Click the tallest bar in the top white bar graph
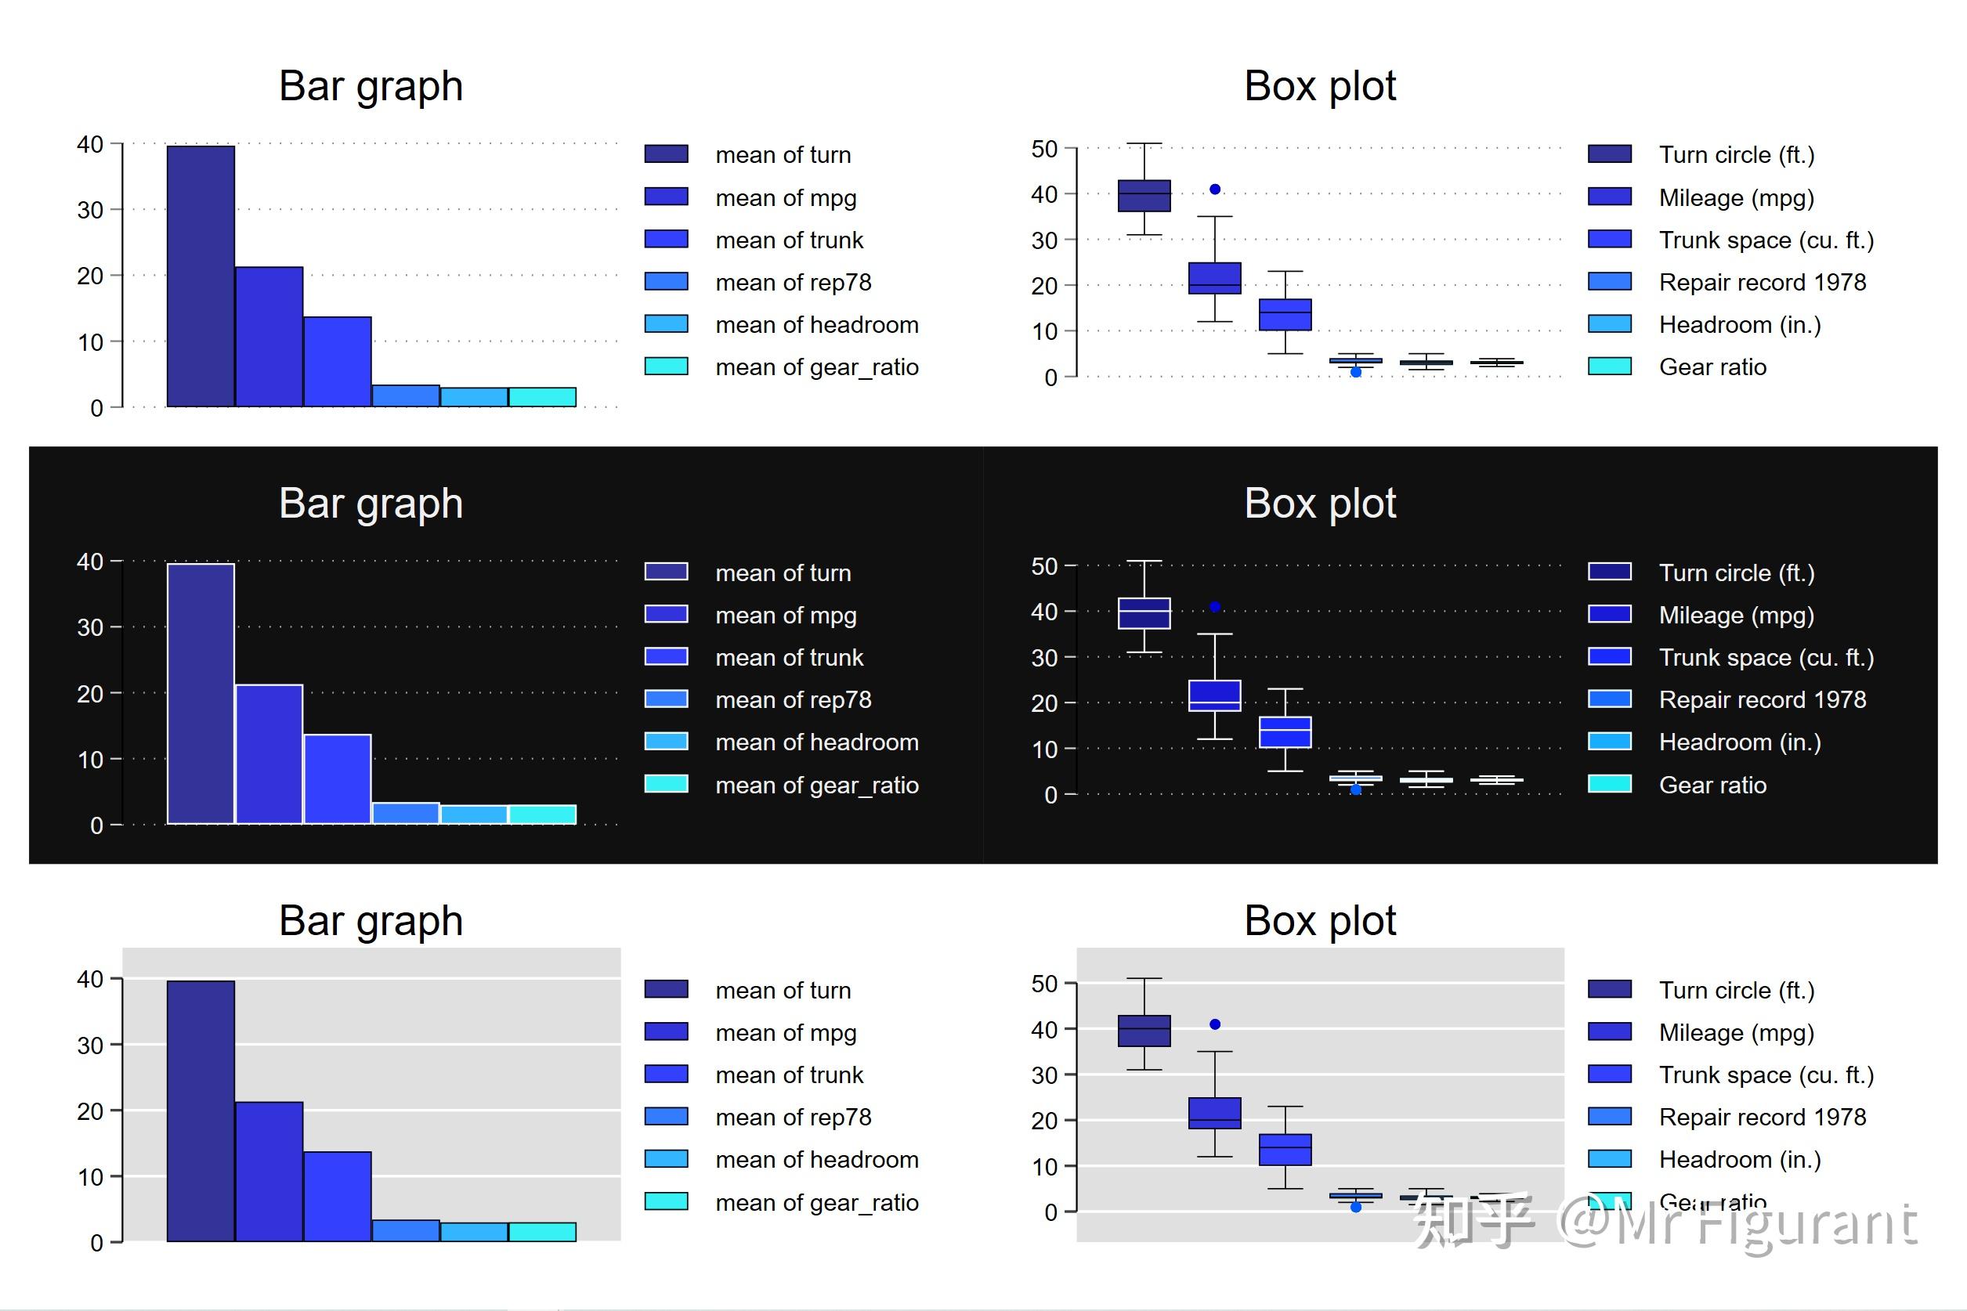pos(201,276)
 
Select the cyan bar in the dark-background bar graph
pos(542,814)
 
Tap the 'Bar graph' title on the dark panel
pos(371,504)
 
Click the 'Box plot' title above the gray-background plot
pos(1320,920)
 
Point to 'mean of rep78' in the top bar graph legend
pos(793,283)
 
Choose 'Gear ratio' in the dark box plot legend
pos(1712,785)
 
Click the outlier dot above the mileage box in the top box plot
pos(1215,190)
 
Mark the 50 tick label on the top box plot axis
pos(1044,149)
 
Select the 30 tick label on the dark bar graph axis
pos(90,627)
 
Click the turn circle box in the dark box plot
pos(1144,613)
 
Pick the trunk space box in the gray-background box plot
pos(1285,1150)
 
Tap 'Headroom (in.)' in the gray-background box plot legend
pos(1740,1160)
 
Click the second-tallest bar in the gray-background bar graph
pos(269,1171)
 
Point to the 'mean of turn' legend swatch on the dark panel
pos(666,572)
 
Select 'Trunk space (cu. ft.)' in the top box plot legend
pos(1766,240)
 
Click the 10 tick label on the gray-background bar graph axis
pos(90,1177)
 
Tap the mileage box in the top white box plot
pos(1214,277)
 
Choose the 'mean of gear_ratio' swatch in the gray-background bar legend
pos(666,1201)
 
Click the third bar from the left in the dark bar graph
pos(337,778)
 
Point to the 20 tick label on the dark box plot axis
pos(1044,703)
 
